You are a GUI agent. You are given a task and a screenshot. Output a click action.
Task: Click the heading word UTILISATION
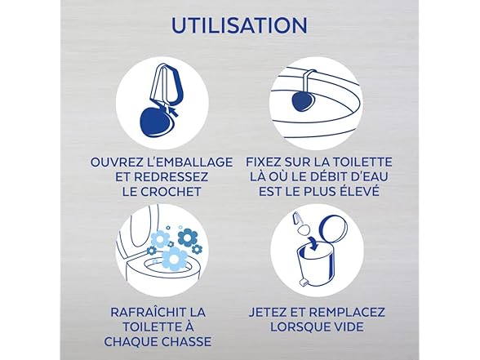[x=239, y=25]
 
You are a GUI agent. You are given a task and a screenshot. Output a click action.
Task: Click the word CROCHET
[x=171, y=192]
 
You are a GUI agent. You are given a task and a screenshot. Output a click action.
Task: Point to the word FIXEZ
[x=263, y=162]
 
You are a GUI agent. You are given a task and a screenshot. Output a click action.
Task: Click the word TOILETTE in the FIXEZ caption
[x=361, y=162]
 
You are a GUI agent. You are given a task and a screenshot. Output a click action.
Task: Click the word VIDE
[x=349, y=327]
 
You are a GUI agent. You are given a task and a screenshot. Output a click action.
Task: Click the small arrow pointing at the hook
[x=173, y=111]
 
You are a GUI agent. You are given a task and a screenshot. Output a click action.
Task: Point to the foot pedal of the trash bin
[x=304, y=282]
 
